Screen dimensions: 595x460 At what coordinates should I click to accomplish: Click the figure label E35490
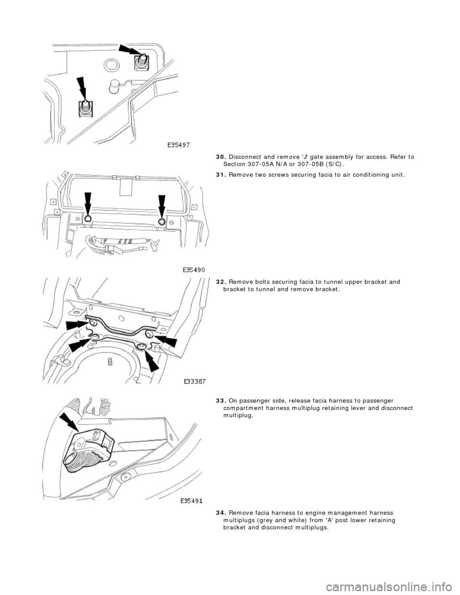tap(194, 270)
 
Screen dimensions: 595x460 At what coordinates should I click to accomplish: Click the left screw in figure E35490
tap(88, 218)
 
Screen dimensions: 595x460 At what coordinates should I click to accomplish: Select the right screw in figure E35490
tap(162, 221)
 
